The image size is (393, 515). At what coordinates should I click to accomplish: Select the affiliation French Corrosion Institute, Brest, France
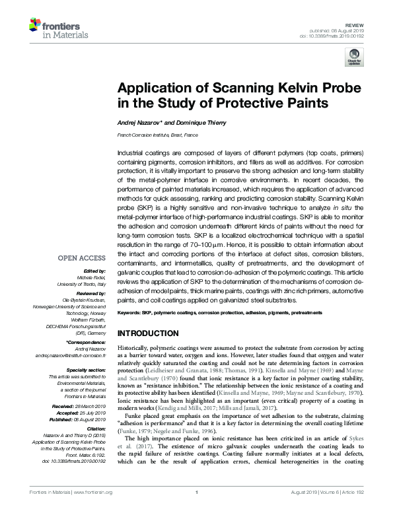point(157,134)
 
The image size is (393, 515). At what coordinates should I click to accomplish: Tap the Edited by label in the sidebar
point(94,271)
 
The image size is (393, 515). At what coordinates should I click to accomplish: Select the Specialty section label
point(86,370)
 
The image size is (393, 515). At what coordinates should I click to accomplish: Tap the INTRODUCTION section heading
point(148,333)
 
